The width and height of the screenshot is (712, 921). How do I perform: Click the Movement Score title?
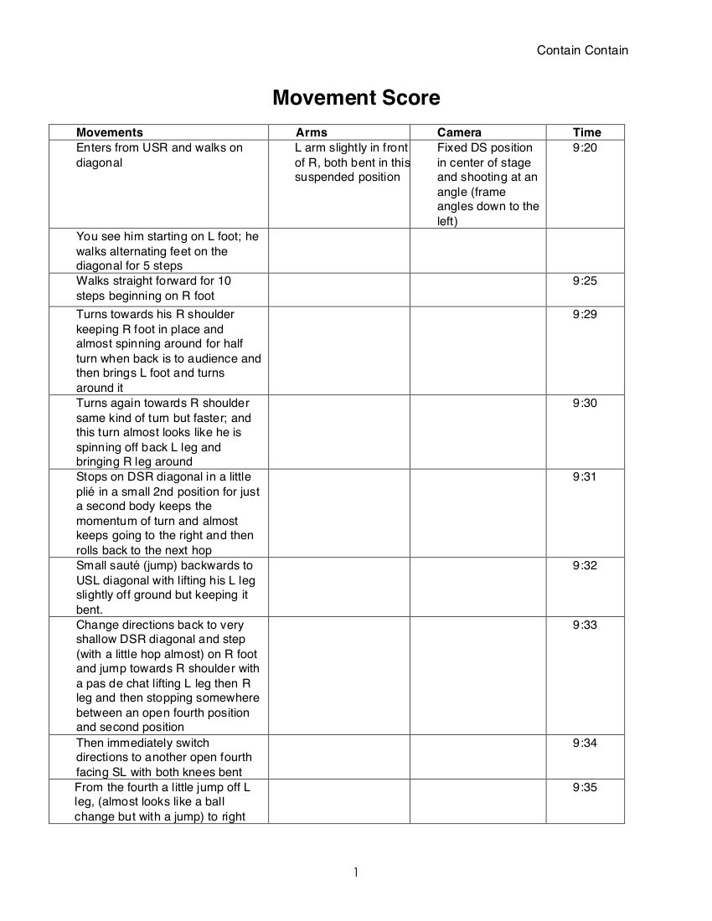pos(356,98)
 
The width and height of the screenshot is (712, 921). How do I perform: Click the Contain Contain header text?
pos(582,50)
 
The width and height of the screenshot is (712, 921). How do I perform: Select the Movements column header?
pos(110,132)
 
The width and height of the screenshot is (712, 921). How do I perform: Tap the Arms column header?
pos(312,132)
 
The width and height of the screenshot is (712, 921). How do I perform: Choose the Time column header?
pos(586,132)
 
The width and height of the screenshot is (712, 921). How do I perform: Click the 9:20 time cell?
pos(586,147)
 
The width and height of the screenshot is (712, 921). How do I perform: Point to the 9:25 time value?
pos(586,280)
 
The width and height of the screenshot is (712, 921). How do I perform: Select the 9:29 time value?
pos(586,314)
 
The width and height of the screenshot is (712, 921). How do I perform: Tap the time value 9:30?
pos(586,403)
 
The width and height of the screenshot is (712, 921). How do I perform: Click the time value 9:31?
pos(586,476)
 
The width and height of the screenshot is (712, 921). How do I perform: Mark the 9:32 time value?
pos(586,565)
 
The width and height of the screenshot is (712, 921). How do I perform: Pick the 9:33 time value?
pos(586,625)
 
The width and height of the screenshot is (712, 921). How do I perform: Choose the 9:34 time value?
pos(586,743)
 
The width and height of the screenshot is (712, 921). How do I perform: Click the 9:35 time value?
pos(586,787)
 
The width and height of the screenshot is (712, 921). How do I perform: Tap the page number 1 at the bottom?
pos(355,872)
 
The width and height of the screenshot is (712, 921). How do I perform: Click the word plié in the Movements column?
pos(86,491)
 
